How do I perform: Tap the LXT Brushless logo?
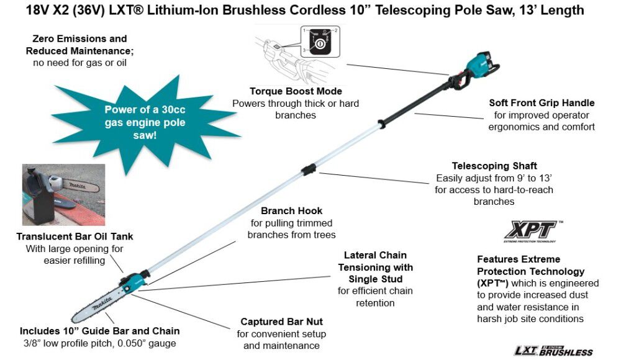553,350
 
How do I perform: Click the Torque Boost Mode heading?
296,91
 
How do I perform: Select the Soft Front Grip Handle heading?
542,103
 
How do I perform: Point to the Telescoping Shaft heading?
494,166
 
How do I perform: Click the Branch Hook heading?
291,211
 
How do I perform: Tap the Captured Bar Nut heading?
281,322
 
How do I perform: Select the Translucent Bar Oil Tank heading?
75,236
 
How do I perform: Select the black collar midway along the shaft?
308,170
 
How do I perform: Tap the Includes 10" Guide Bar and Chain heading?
99,331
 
